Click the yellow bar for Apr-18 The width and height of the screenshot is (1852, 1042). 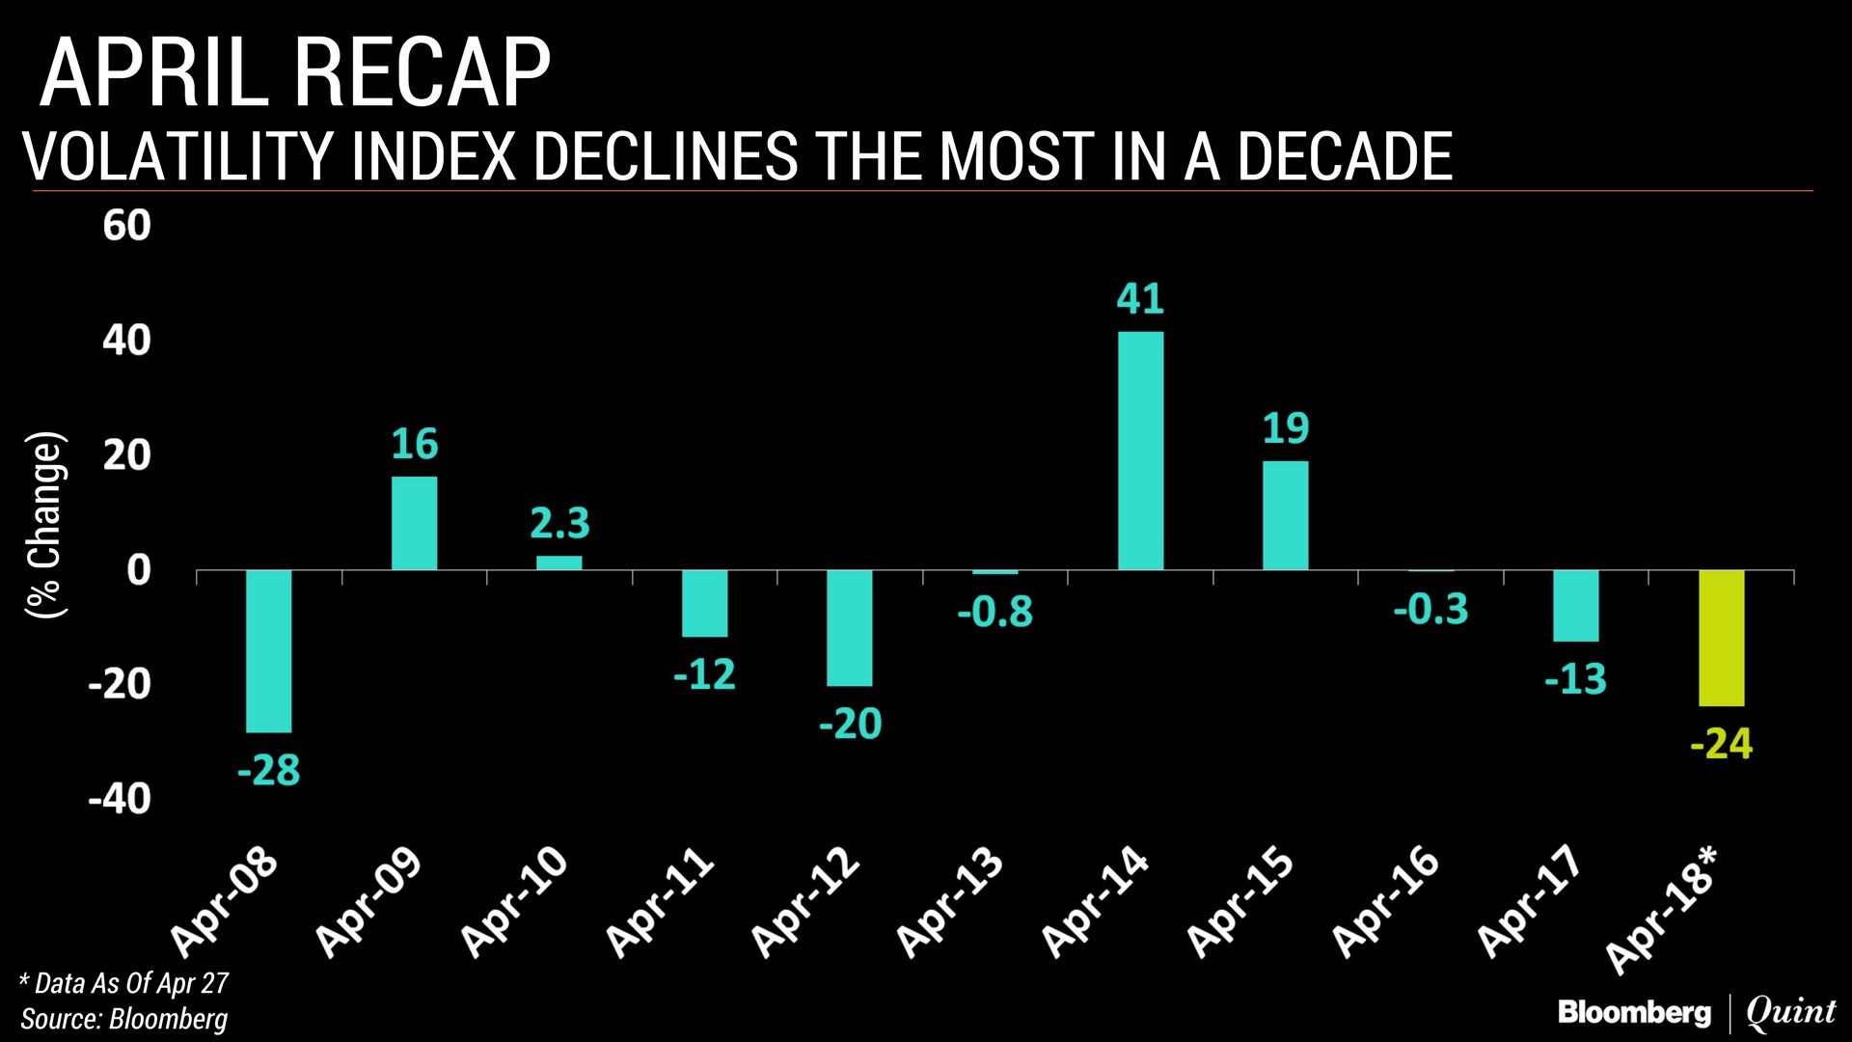pos(1721,638)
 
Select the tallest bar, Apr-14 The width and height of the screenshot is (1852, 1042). pos(1140,451)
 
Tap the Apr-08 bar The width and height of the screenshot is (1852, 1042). pos(268,651)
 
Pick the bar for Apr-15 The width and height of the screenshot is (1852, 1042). pos(1285,515)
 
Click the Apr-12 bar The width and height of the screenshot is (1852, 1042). pos(849,628)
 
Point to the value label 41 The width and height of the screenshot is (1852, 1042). pos(1140,299)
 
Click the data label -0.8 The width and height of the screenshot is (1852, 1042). pos(994,613)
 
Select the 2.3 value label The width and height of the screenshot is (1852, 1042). pos(559,524)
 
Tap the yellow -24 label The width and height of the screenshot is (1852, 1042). pos(1721,744)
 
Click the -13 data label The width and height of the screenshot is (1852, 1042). pos(1575,680)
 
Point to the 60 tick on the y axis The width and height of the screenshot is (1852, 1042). pos(127,226)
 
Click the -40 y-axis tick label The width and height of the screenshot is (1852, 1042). pos(120,799)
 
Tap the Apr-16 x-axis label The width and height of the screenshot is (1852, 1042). pos(1386,902)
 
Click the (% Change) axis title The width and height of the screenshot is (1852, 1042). pos(46,525)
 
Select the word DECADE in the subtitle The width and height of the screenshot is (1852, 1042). pos(1345,156)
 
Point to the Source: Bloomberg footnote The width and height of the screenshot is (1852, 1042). pos(124,1019)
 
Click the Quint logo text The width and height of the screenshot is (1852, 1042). pos(1790,1011)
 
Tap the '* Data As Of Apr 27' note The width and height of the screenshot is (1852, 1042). pos(124,983)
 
